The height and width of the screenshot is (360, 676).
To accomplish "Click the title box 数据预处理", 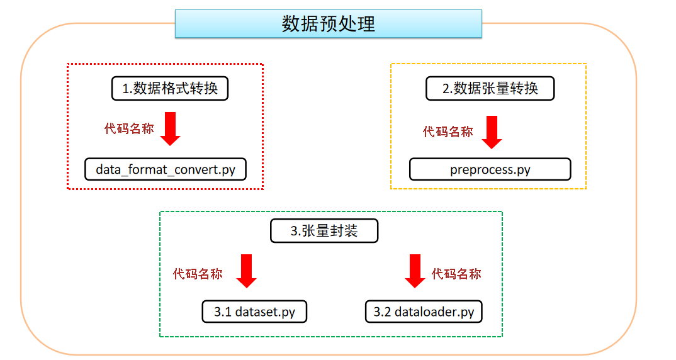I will click(328, 24).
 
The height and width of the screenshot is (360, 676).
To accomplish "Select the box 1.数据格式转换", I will click(169, 88).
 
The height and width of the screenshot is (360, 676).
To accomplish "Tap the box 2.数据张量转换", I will click(490, 88).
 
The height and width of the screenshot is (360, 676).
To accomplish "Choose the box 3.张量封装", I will click(324, 231).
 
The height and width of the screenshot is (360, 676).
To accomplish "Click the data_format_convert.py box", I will click(165, 169).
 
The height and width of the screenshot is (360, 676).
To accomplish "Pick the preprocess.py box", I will click(490, 169).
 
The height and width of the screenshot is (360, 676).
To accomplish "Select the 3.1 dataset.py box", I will click(254, 312).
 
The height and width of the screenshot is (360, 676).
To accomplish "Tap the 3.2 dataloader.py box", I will click(424, 312).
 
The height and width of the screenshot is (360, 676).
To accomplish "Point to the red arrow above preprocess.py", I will click(491, 132).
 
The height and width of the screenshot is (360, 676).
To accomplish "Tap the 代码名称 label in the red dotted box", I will click(129, 129).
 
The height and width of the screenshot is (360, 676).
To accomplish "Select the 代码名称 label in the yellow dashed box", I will click(448, 132).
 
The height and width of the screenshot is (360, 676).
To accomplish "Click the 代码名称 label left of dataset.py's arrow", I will click(198, 274).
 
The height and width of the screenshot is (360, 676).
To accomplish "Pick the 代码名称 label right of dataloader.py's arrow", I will click(456, 274).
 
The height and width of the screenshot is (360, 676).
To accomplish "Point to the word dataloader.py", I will click(434, 312).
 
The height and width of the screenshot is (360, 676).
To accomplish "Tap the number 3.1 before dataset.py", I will click(223, 312).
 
